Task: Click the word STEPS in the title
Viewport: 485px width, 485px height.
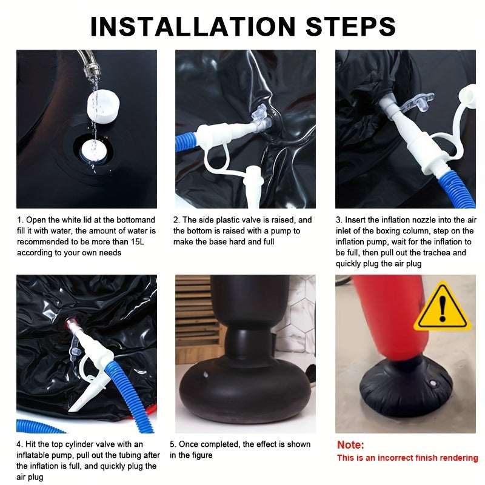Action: coord(350,26)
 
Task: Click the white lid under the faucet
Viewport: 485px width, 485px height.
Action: coord(102,107)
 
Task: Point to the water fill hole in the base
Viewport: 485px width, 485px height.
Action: coord(93,151)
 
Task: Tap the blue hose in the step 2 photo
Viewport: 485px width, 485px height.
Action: coord(186,142)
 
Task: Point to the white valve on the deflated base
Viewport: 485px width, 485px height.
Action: coord(433,384)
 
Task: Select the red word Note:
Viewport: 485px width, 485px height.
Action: coord(350,445)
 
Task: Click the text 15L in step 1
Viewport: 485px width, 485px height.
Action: coord(138,241)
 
